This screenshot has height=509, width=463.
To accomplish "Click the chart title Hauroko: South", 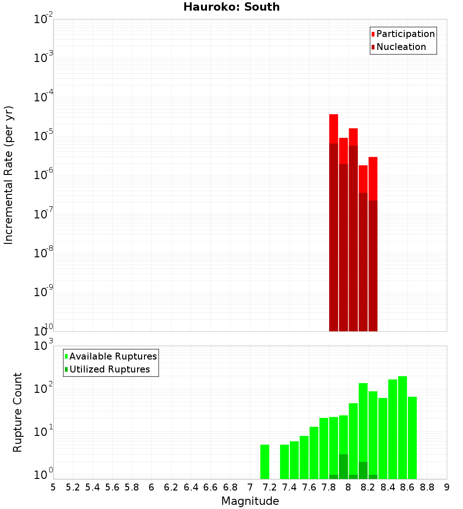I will [x=231, y=7].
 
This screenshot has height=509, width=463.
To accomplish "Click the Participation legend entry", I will [x=403, y=34].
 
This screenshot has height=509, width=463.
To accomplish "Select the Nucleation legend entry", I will [x=398, y=47].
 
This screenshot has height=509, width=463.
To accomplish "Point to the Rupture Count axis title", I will [x=18, y=412].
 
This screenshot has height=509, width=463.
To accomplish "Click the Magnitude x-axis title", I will [x=250, y=501].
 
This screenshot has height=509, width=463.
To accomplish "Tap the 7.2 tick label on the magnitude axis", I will [x=269, y=487].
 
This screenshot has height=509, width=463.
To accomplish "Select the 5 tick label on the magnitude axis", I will [x=53, y=487].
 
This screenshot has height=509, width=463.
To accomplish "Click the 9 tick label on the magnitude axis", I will [x=447, y=487].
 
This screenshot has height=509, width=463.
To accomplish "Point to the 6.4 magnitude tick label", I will [x=191, y=487].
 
